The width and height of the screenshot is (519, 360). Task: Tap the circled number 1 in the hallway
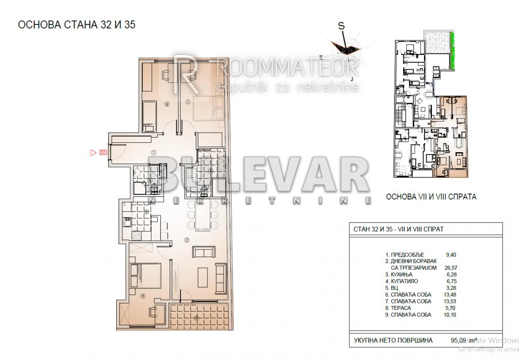coord(154,153)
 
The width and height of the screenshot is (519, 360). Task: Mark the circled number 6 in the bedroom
coord(143,297)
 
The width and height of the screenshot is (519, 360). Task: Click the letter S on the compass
coord(341,24)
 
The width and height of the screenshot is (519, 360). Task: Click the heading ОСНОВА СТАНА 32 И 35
coord(77,24)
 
